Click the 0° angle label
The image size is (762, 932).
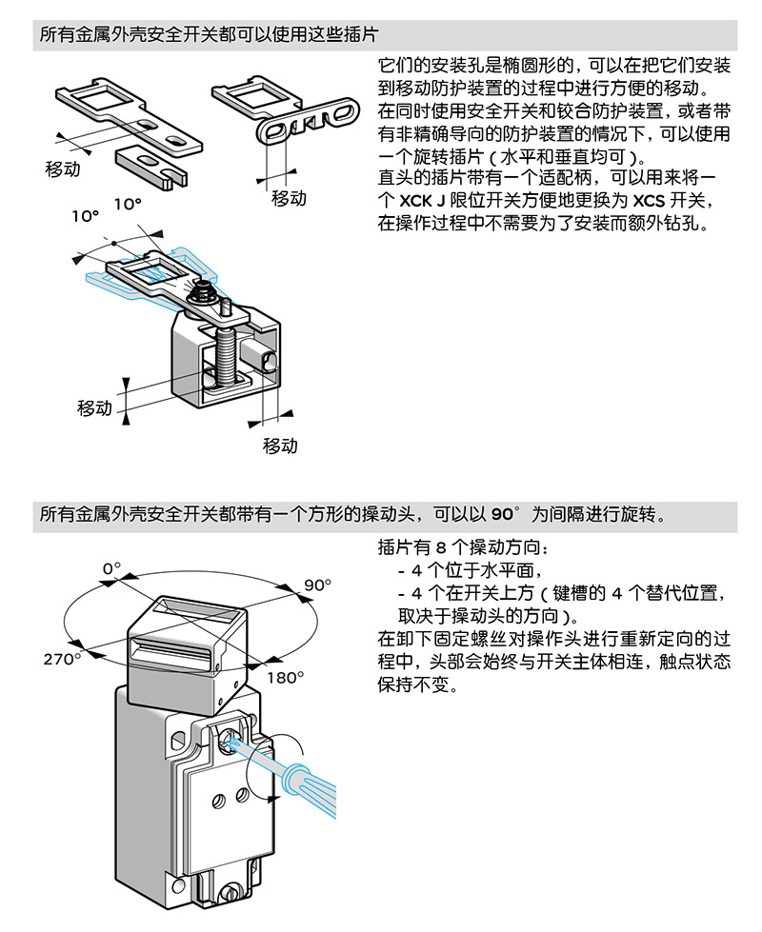click(111, 568)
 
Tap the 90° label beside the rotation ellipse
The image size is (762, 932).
click(317, 585)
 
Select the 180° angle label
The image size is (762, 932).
click(285, 678)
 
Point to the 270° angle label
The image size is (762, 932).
click(62, 659)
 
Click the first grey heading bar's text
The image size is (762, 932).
click(210, 35)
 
